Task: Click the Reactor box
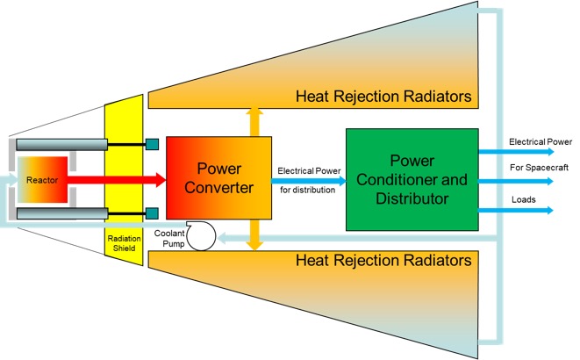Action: (x=42, y=179)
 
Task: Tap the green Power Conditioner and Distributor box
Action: (x=412, y=176)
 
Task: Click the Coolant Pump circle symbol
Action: (x=204, y=235)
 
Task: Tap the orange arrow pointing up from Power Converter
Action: (x=255, y=120)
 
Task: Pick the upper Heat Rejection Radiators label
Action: (x=383, y=95)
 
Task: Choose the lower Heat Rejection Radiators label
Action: (x=383, y=261)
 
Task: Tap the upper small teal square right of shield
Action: (x=152, y=144)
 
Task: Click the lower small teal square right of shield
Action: (x=152, y=212)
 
